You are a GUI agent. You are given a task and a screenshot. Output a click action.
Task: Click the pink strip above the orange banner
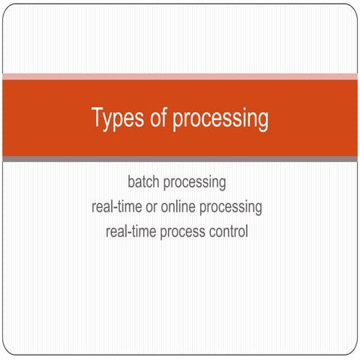[180, 76]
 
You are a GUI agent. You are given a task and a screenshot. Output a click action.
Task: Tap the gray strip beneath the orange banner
[180, 158]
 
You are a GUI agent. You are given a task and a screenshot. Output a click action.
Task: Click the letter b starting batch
[130, 182]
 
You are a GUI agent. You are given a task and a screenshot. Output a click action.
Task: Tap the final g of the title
[263, 121]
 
